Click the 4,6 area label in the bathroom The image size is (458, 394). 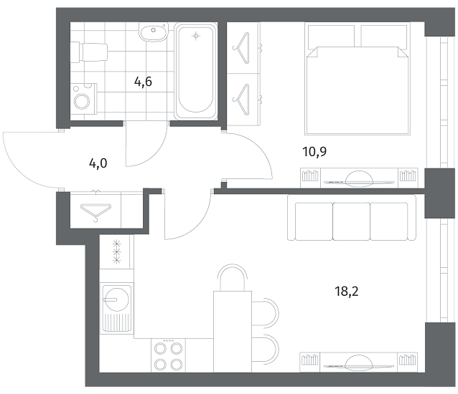(x=143, y=82)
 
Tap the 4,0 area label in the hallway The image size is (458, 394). (x=98, y=163)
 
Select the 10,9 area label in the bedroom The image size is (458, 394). (x=314, y=152)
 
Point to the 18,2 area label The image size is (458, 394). (x=347, y=291)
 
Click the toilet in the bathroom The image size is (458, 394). (x=90, y=52)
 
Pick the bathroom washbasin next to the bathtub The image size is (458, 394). (x=154, y=32)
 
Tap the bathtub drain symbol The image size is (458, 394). (x=196, y=36)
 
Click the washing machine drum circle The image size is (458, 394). (x=83, y=101)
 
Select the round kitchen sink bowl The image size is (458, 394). (x=116, y=299)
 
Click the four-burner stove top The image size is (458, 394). (x=168, y=355)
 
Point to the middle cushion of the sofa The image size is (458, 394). (x=351, y=221)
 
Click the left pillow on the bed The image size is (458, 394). (x=331, y=36)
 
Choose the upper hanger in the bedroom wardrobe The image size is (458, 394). (x=242, y=48)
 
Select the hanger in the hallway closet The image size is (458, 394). (x=95, y=211)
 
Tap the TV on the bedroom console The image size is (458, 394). (x=359, y=181)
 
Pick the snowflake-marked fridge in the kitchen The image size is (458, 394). (x=117, y=251)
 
